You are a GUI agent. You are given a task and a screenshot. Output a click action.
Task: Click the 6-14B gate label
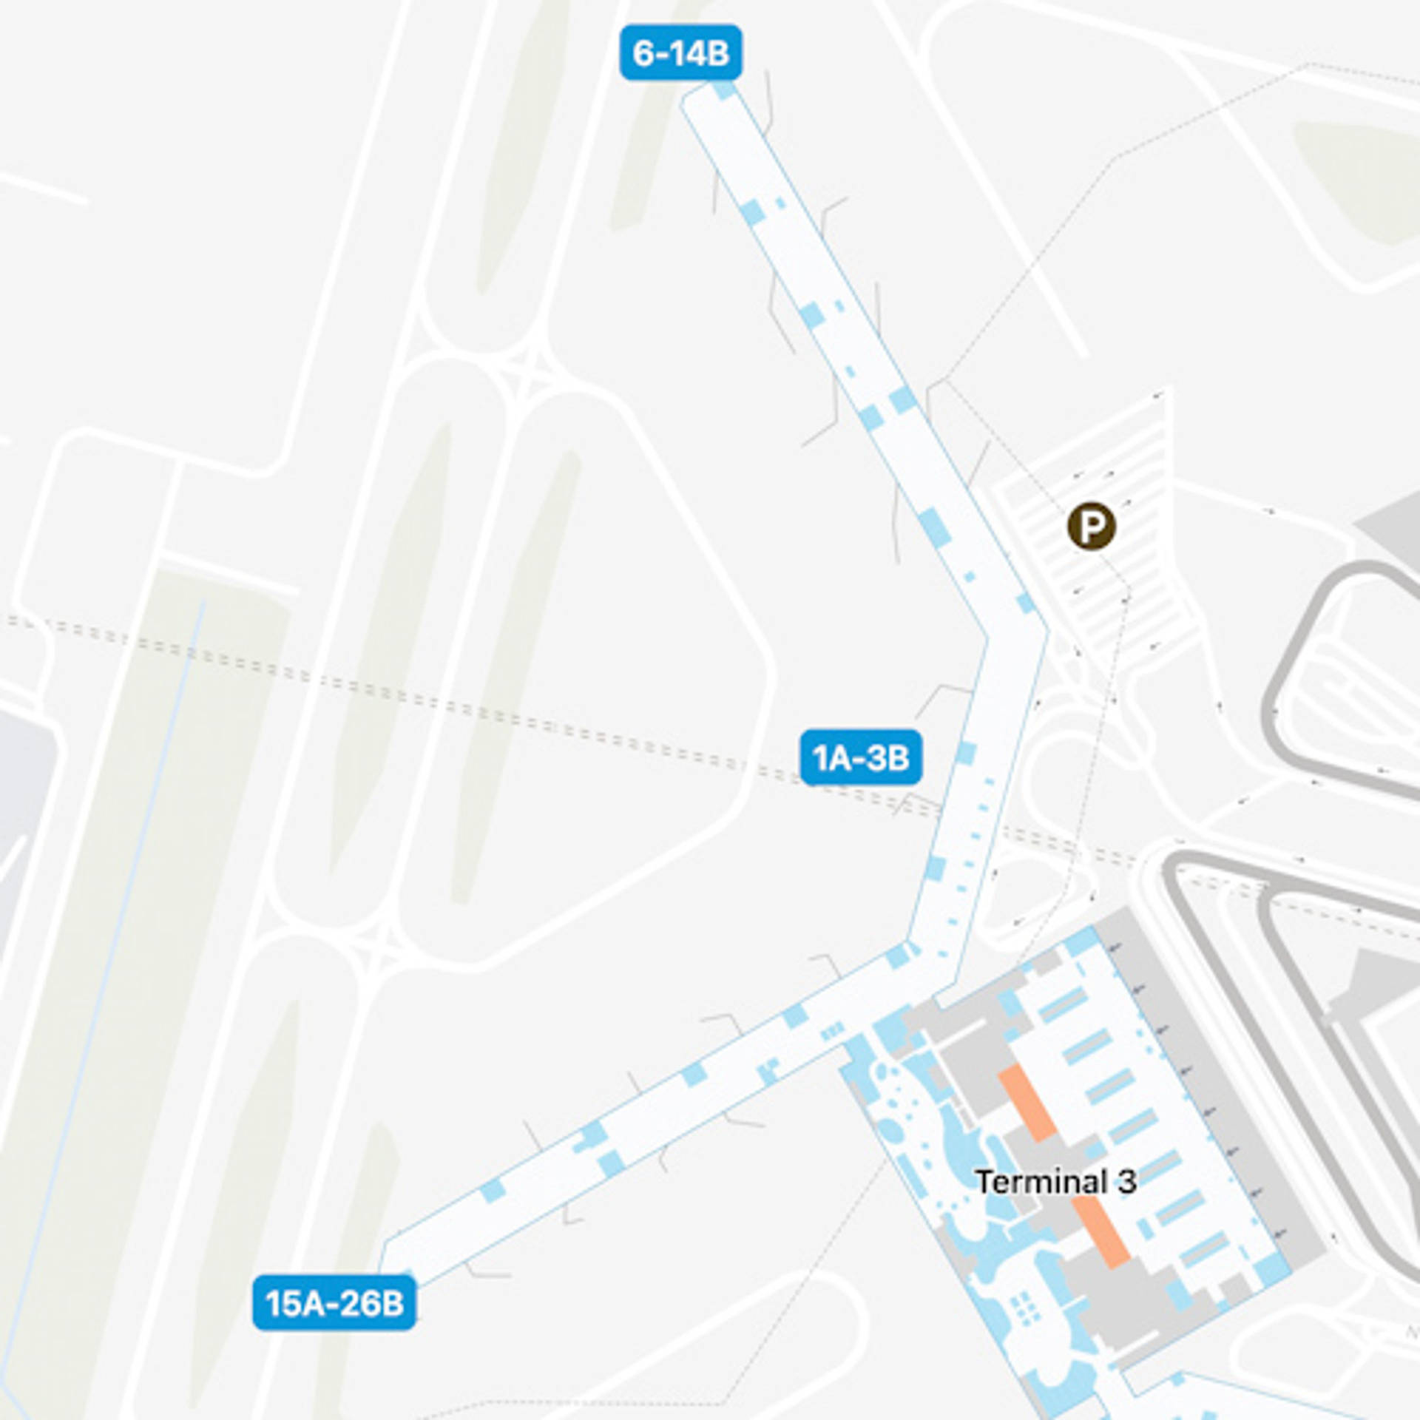coord(680,53)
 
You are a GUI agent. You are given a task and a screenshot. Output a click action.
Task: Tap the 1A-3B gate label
coord(861,758)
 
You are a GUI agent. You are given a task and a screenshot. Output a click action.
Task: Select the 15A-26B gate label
coord(334,1303)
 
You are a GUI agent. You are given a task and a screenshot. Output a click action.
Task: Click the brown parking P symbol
coord(1091,527)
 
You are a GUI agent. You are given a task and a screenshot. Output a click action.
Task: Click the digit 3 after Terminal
coord(1126,1182)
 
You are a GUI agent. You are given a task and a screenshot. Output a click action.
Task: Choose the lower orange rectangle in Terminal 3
coord(1101,1231)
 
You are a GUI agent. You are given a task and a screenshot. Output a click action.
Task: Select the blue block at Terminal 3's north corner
coord(1080,942)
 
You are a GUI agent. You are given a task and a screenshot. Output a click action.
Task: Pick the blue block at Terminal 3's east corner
coord(1271,1269)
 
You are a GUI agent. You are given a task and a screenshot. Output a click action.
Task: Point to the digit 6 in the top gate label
coord(643,53)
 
